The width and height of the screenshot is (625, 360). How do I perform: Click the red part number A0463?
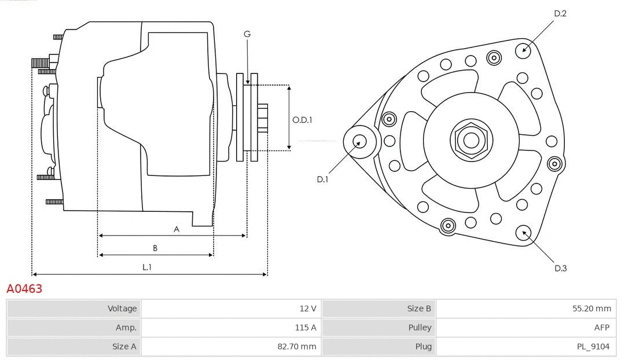[24, 288]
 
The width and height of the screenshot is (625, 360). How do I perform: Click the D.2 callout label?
[560, 13]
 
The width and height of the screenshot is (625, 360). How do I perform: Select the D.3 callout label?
[560, 268]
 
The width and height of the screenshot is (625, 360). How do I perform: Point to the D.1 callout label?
[322, 179]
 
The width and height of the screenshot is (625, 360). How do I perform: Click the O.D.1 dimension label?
[302, 120]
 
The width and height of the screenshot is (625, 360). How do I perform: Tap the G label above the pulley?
[247, 34]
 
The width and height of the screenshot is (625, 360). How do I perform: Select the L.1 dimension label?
[147, 267]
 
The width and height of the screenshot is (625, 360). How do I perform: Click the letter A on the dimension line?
[177, 229]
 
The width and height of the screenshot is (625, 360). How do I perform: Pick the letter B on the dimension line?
[155, 248]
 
